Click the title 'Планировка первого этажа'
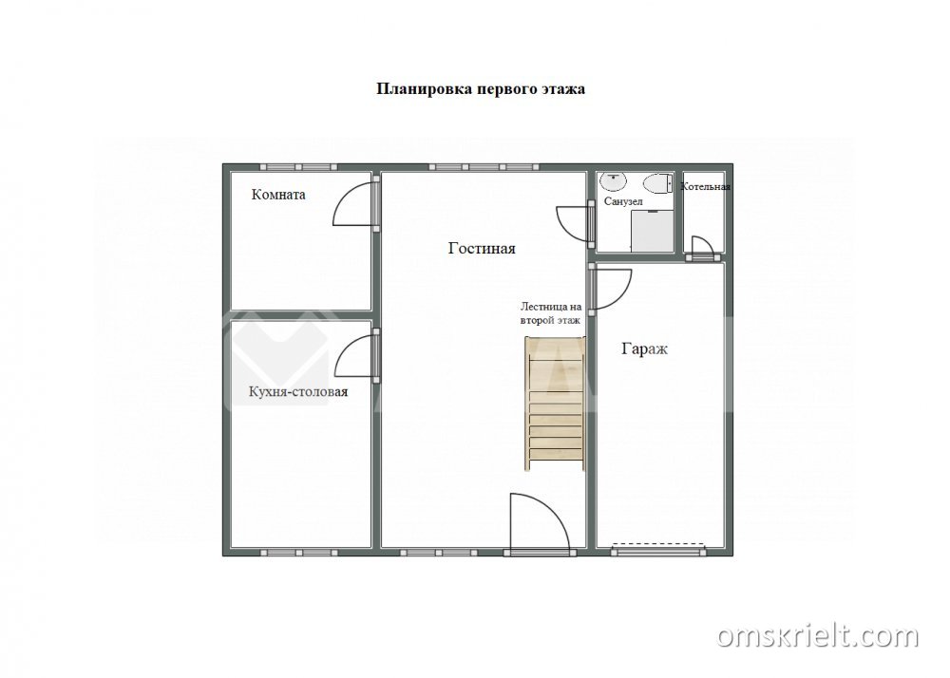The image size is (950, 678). click(x=481, y=89)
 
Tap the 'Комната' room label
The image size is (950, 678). click(x=278, y=195)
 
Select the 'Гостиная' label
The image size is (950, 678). click(x=482, y=248)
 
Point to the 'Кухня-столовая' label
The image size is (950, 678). click(x=298, y=391)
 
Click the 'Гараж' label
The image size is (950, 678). click(x=645, y=348)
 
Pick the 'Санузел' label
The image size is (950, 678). click(x=623, y=201)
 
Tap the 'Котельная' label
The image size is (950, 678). click(x=705, y=186)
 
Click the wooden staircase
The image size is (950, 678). click(x=555, y=404)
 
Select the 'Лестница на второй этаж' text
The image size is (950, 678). click(x=551, y=313)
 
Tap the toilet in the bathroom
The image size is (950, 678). click(x=658, y=183)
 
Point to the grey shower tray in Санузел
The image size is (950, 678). click(x=653, y=231)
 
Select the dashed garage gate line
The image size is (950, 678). click(x=658, y=544)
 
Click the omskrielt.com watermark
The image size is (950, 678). click(x=818, y=637)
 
